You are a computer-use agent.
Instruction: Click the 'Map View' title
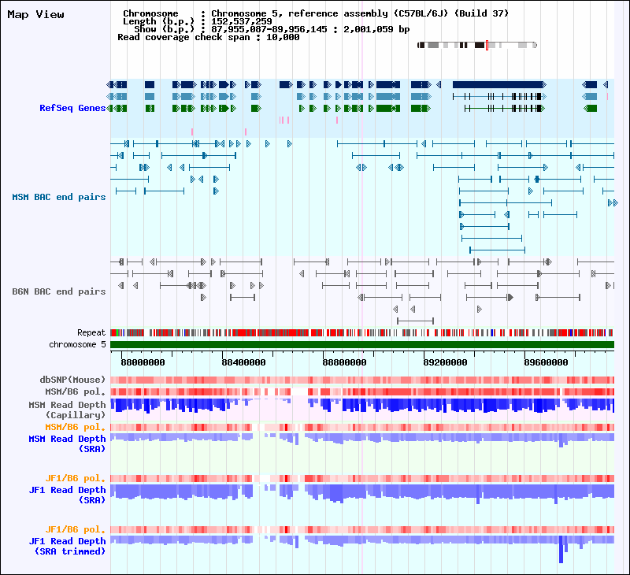[x=35, y=14]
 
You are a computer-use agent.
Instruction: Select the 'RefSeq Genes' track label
[x=72, y=108]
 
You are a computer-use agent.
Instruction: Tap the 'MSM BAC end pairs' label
[x=58, y=197]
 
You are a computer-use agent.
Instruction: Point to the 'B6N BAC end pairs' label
[x=58, y=291]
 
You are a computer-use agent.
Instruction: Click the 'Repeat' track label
[x=91, y=333]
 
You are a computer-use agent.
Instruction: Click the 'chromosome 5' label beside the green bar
[x=77, y=344]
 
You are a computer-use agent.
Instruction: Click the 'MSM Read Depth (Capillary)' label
[x=67, y=410]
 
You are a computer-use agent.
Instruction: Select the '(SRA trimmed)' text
[x=69, y=551]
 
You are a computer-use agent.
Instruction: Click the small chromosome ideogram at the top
[x=476, y=45]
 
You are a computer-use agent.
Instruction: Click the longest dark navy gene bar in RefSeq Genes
[x=498, y=84]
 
